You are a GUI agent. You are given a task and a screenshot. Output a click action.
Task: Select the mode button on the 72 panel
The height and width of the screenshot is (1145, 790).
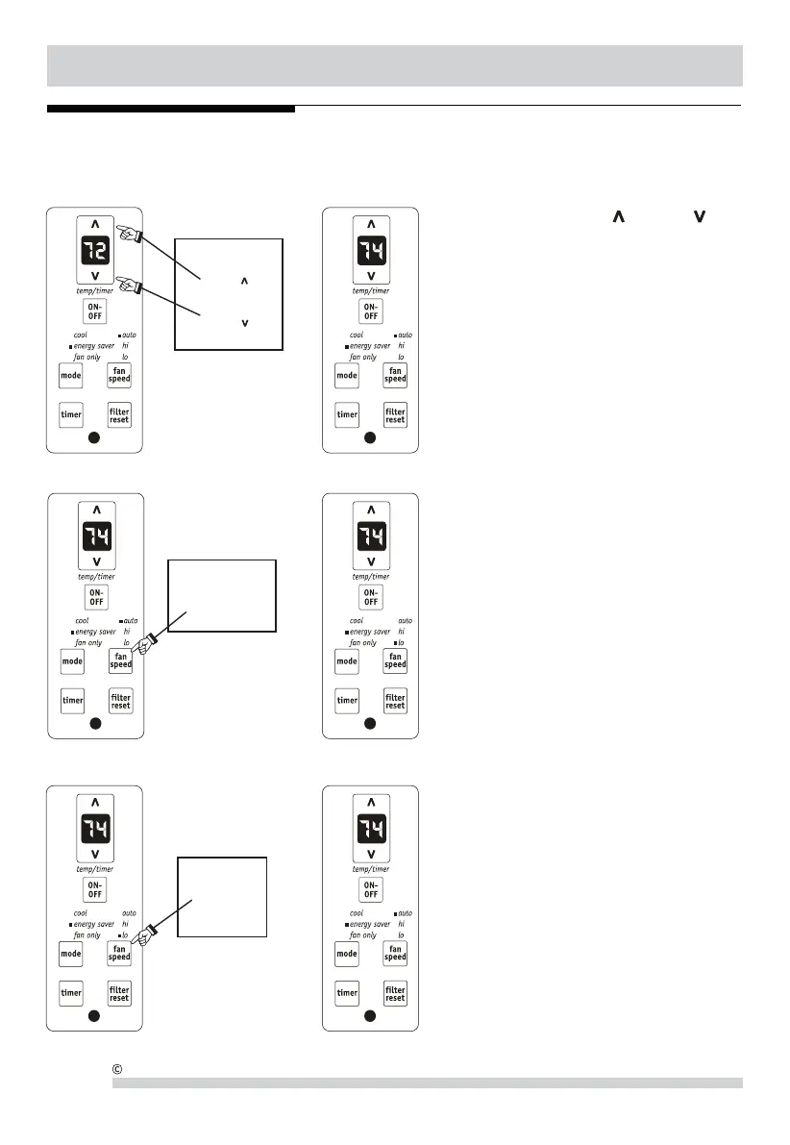(x=72, y=376)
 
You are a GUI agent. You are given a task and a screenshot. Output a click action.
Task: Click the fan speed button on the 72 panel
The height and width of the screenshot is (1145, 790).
(x=119, y=376)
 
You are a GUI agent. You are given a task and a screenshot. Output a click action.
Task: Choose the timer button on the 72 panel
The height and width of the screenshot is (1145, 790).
(x=72, y=415)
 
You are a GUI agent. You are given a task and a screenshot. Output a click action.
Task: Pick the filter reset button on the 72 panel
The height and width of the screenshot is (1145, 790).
(x=119, y=415)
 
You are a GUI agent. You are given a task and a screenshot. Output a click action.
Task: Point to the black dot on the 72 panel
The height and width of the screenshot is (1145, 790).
(x=95, y=438)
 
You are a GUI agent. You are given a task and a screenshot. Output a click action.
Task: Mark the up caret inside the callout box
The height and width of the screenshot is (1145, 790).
(x=245, y=281)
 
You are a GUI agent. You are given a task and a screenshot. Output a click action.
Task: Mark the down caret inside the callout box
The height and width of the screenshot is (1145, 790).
(x=245, y=322)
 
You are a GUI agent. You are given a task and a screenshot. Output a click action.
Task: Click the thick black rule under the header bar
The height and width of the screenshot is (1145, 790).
(x=170, y=109)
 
